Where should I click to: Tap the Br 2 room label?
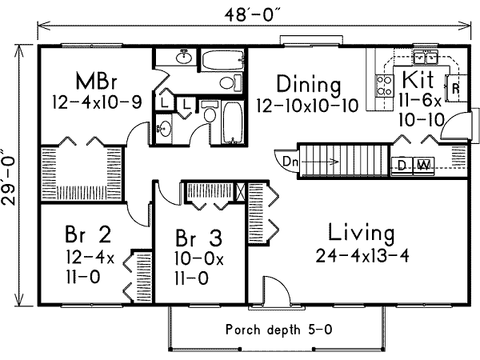click(87, 236)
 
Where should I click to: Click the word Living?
click(361, 234)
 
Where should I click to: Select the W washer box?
click(424, 166)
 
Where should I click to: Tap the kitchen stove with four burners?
click(384, 86)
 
